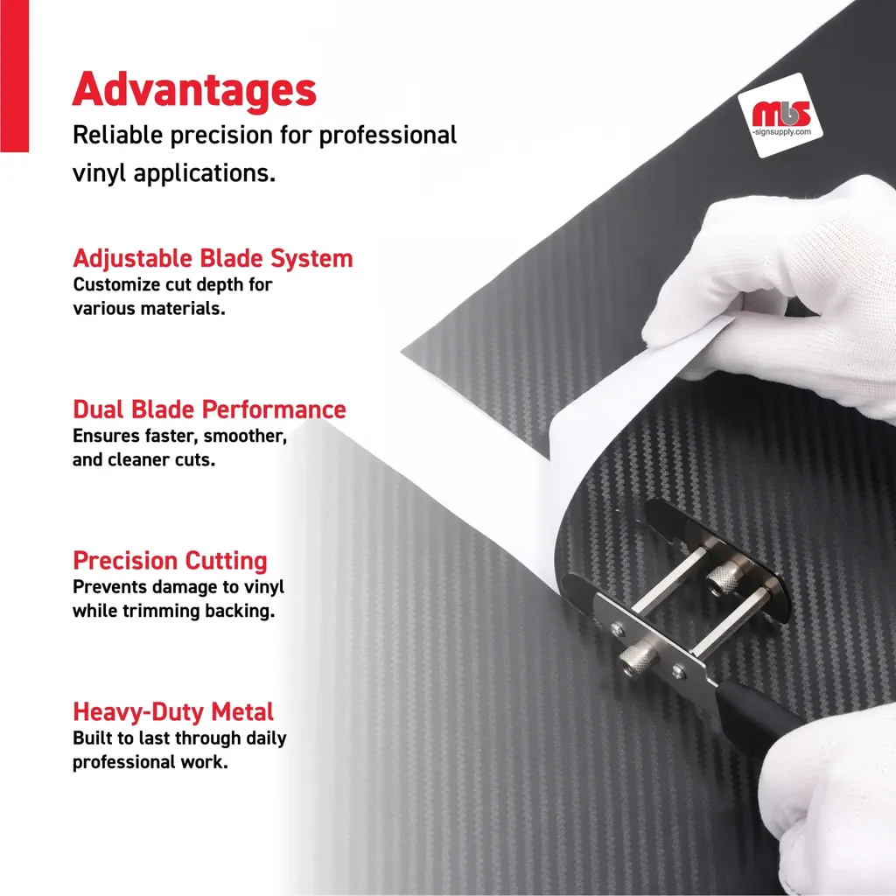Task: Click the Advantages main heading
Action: click(194, 90)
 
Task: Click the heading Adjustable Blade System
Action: click(213, 259)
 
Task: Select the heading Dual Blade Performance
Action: click(209, 409)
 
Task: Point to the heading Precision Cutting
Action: click(170, 561)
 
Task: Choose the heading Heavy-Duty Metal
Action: click(173, 712)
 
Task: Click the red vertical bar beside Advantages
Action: click(14, 76)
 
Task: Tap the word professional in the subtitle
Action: click(388, 136)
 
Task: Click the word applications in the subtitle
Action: click(205, 173)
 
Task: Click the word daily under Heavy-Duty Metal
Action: click(266, 738)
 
